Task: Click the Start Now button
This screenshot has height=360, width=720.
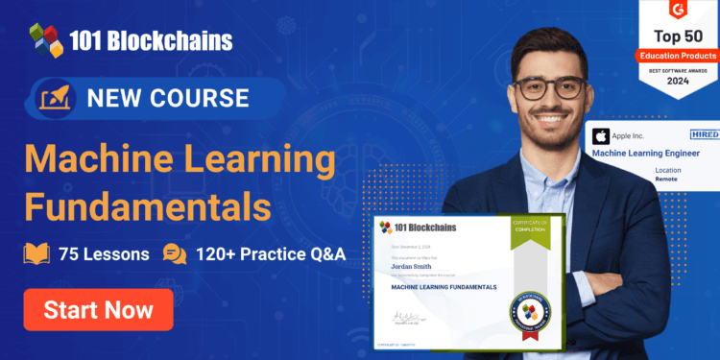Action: (99, 309)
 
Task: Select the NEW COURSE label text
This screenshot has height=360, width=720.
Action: (168, 98)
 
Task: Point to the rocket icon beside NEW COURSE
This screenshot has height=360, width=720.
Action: (54, 98)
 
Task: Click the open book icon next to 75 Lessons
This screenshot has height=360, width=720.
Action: (37, 254)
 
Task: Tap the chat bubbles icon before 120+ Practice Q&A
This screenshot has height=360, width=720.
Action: (175, 254)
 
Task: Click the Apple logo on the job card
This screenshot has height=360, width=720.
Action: (601, 136)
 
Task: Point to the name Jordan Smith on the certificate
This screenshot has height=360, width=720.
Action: (413, 266)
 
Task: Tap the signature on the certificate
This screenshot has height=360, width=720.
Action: (408, 317)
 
